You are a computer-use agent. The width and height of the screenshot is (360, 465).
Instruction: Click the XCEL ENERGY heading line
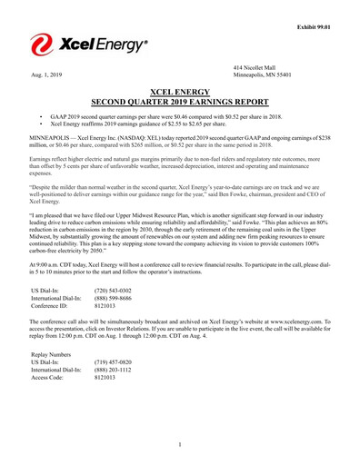point(180,92)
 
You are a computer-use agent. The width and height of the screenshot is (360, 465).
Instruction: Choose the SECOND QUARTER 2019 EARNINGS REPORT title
point(180,102)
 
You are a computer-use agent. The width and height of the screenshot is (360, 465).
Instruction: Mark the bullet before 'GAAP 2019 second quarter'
point(43,117)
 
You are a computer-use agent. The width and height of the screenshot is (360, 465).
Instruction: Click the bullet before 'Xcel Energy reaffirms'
point(43,124)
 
